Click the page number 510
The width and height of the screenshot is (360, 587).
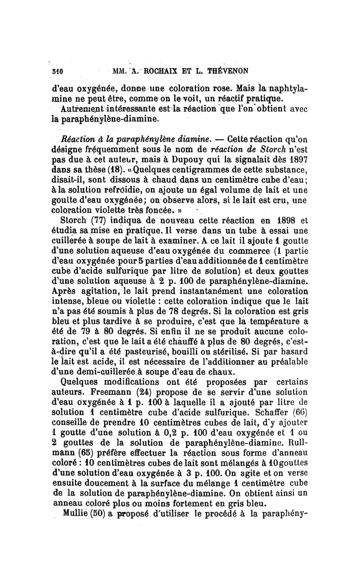click(57, 71)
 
